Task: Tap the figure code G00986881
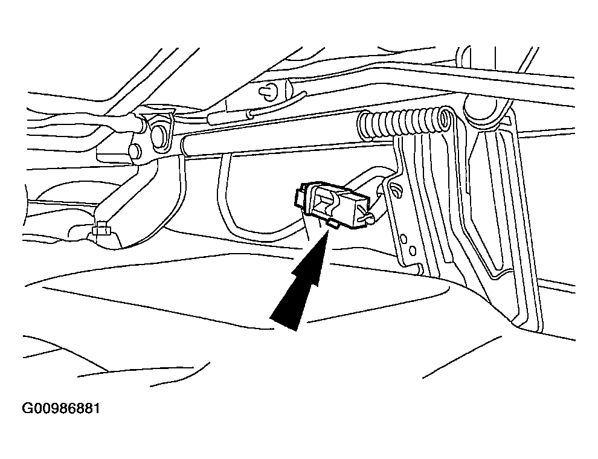(61, 408)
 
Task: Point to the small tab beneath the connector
(333, 225)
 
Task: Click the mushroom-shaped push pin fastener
(269, 91)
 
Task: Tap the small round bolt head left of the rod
(135, 150)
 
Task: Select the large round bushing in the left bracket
(158, 133)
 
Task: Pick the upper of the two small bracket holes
(403, 239)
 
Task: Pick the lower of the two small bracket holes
(413, 251)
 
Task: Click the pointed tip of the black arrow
(329, 232)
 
